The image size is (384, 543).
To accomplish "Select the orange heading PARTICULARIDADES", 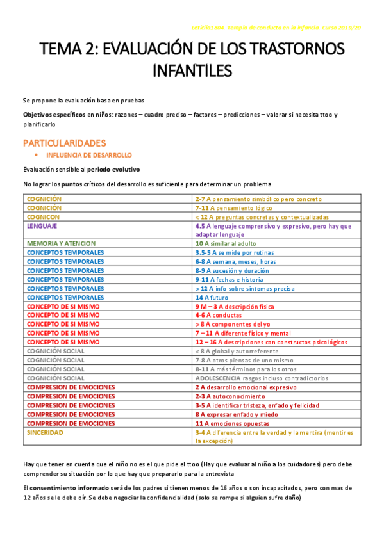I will pyautogui.click(x=65, y=143).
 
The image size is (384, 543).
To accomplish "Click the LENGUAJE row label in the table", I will pyautogui.click(x=42, y=226).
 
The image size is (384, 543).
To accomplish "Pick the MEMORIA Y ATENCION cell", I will pyautogui.click(x=61, y=244).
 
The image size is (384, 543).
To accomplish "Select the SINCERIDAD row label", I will pyautogui.click(x=45, y=433).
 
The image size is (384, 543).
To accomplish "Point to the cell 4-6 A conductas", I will pyautogui.click(x=219, y=316).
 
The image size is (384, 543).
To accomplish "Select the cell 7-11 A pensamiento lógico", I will pyautogui.click(x=233, y=208).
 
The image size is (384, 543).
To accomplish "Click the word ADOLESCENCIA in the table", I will pyautogui.click(x=218, y=378).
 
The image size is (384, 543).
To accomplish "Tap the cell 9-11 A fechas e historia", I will pyautogui.click(x=229, y=280).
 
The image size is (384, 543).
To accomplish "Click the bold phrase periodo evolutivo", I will pyautogui.click(x=113, y=169).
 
